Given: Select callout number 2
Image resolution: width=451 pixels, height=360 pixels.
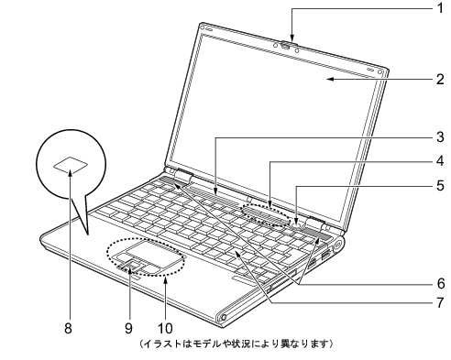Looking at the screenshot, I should (x=439, y=78).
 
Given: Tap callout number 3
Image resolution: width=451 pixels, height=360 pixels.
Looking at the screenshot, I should (x=439, y=137).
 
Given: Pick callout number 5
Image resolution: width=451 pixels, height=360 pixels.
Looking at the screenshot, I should (x=439, y=186).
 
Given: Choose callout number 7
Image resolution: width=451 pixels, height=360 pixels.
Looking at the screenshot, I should (x=439, y=301).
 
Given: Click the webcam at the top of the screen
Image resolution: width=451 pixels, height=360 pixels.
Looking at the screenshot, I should (x=287, y=42).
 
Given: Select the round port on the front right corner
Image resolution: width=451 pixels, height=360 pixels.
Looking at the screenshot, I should (x=222, y=318).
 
